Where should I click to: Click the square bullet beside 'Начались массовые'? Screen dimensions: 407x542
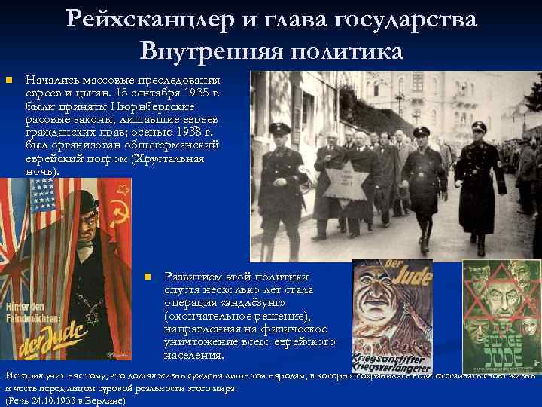(8, 80)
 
